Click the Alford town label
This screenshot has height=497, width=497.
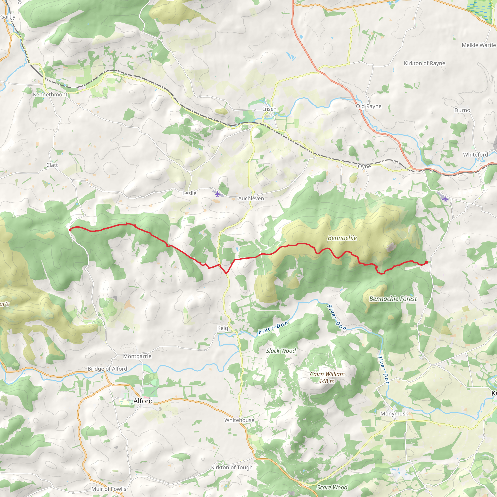point(143,401)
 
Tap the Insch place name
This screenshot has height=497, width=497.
point(269,109)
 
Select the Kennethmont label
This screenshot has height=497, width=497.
point(50,95)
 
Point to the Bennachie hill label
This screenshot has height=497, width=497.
point(342,238)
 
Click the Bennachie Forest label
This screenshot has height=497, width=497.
point(393,299)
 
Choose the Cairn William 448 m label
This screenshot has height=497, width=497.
point(327,378)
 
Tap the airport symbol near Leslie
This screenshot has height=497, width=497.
point(218,194)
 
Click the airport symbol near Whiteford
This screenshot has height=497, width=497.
point(445,199)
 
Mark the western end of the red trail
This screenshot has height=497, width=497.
point(70,230)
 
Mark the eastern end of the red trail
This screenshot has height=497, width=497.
point(427,262)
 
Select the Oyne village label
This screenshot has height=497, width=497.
point(364,166)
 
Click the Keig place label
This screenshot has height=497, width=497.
point(223,328)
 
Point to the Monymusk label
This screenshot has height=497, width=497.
point(394,414)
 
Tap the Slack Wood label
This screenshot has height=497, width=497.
point(281,351)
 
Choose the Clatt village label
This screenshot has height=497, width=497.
point(52,165)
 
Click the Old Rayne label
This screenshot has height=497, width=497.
point(369,106)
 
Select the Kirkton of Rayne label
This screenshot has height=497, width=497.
point(424,63)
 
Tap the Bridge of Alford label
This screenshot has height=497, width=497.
point(107,369)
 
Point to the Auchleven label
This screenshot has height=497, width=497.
point(251,198)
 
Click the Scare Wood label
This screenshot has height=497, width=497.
point(332,488)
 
